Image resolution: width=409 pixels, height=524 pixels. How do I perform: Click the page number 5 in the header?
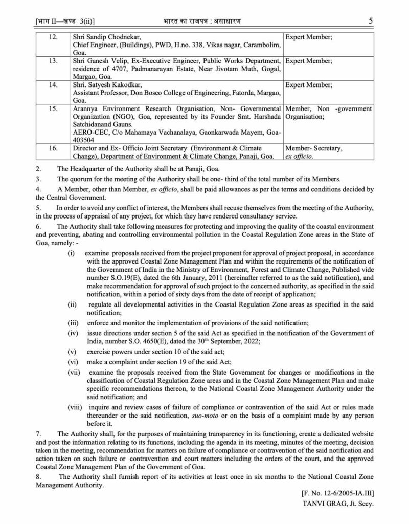click(x=370, y=21)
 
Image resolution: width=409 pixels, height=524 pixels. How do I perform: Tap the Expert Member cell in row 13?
click(x=308, y=61)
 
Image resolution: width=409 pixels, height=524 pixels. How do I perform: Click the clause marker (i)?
click(x=71, y=254)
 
